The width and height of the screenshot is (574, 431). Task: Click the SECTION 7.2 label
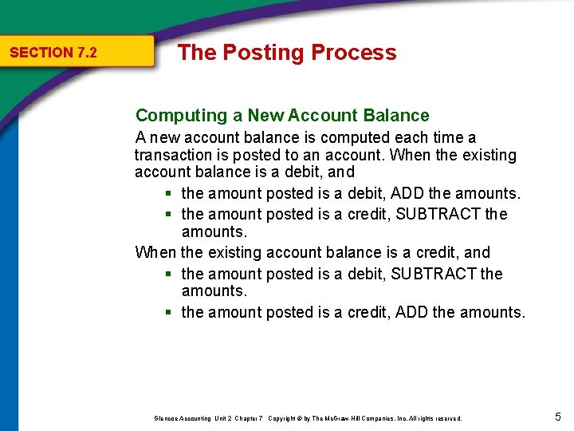click(x=53, y=53)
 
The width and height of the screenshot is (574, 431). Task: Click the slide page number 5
click(x=557, y=416)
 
